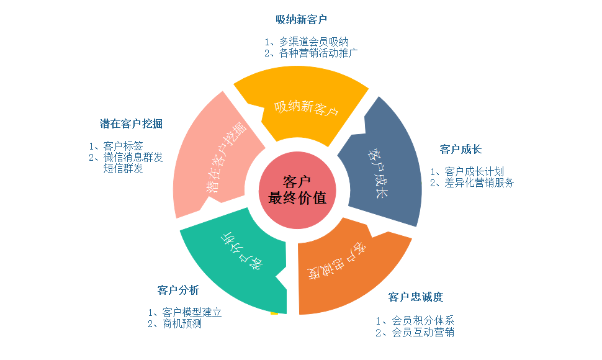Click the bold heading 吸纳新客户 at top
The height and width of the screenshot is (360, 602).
tap(301, 19)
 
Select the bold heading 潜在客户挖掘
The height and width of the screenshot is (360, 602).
tap(131, 124)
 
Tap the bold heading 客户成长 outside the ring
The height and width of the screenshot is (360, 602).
tap(460, 150)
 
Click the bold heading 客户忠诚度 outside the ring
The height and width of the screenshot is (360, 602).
tap(416, 297)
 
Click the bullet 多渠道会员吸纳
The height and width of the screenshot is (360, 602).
tap(313, 42)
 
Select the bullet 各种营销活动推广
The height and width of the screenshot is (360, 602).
tap(318, 53)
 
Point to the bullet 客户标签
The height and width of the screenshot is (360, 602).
tap(123, 146)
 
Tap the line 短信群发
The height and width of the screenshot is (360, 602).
tap(123, 168)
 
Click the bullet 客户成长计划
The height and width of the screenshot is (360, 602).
tap(474, 171)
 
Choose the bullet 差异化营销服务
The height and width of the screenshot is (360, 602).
tap(479, 182)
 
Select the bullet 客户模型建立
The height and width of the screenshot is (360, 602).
tap(191, 312)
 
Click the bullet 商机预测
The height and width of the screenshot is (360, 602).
tap(181, 323)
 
